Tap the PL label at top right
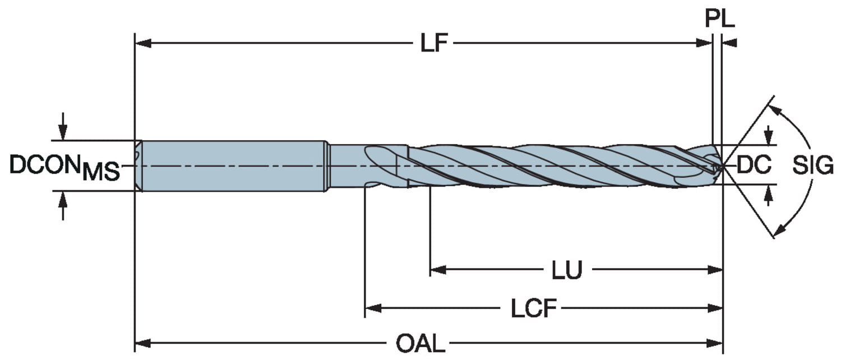pos(719,19)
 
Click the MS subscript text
pos(101,173)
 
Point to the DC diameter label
pos(754,165)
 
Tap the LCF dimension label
pos(533,308)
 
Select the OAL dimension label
pos(420,343)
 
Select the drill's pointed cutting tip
pos(720,166)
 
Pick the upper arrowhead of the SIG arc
pos(775,110)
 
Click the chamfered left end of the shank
pos(138,165)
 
